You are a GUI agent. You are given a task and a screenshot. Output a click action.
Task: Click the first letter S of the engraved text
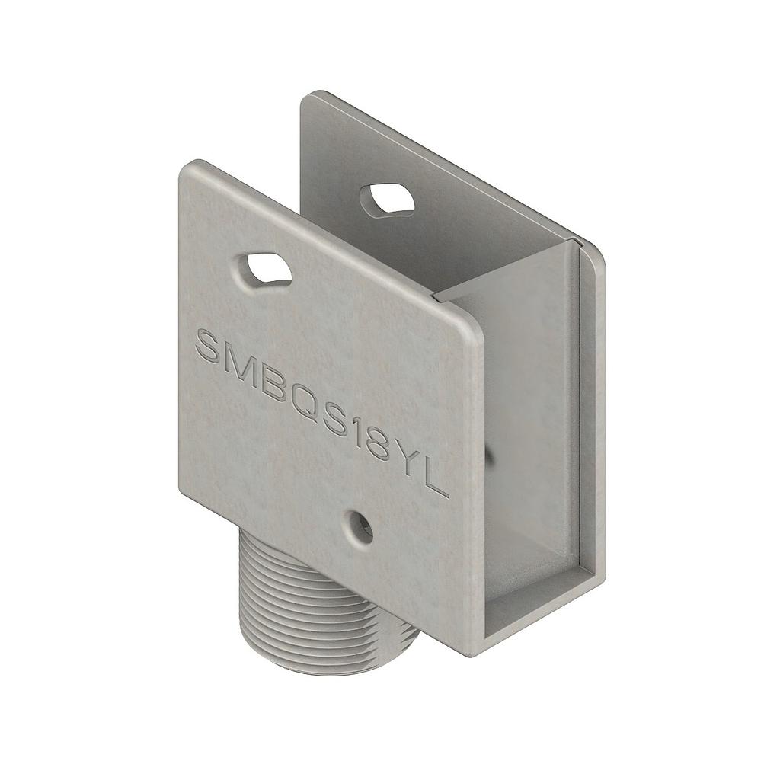click(x=210, y=346)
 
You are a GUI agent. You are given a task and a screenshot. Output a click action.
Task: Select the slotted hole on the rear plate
click(x=387, y=199)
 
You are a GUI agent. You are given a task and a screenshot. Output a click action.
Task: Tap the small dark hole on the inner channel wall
click(x=488, y=456)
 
